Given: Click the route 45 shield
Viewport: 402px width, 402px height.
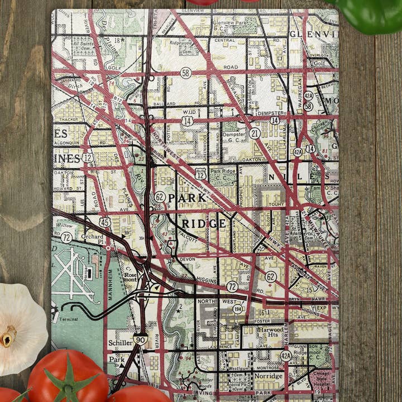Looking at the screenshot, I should click(x=104, y=222).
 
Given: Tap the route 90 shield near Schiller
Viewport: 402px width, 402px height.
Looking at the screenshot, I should click(x=141, y=339).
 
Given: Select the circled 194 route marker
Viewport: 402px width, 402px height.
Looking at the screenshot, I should click(x=238, y=308).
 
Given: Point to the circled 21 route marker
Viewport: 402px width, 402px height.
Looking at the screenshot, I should click(x=255, y=133).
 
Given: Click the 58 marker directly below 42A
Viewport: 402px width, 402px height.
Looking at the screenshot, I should click(x=308, y=106).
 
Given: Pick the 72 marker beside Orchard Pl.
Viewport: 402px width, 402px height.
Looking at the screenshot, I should click(x=66, y=237).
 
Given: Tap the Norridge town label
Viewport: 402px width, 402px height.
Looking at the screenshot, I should click(x=269, y=376).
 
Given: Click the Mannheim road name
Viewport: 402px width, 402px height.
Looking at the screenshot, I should click(x=109, y=285).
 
